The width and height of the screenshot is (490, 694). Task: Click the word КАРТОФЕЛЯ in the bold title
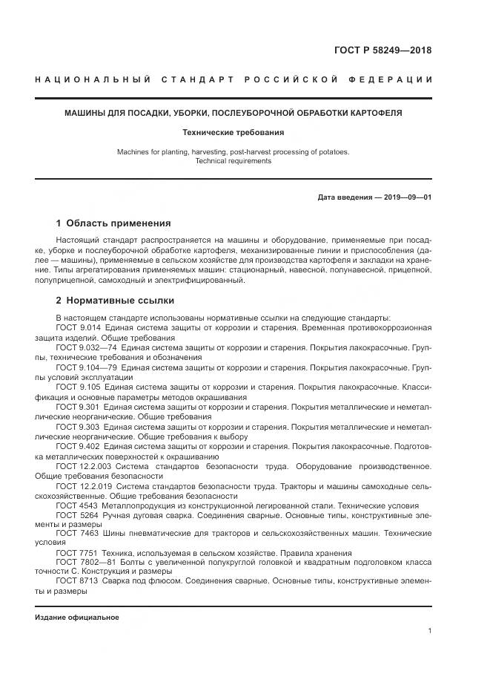[x=381, y=114]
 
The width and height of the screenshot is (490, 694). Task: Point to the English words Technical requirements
[x=234, y=161]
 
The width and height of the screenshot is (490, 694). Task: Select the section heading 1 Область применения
[x=113, y=223]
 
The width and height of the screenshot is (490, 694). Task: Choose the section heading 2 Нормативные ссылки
[x=115, y=301]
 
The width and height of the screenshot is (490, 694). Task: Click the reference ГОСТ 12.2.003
[x=84, y=465]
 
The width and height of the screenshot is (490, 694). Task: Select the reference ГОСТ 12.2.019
[x=82, y=485]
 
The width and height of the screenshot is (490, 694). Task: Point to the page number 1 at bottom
[x=429, y=631]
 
